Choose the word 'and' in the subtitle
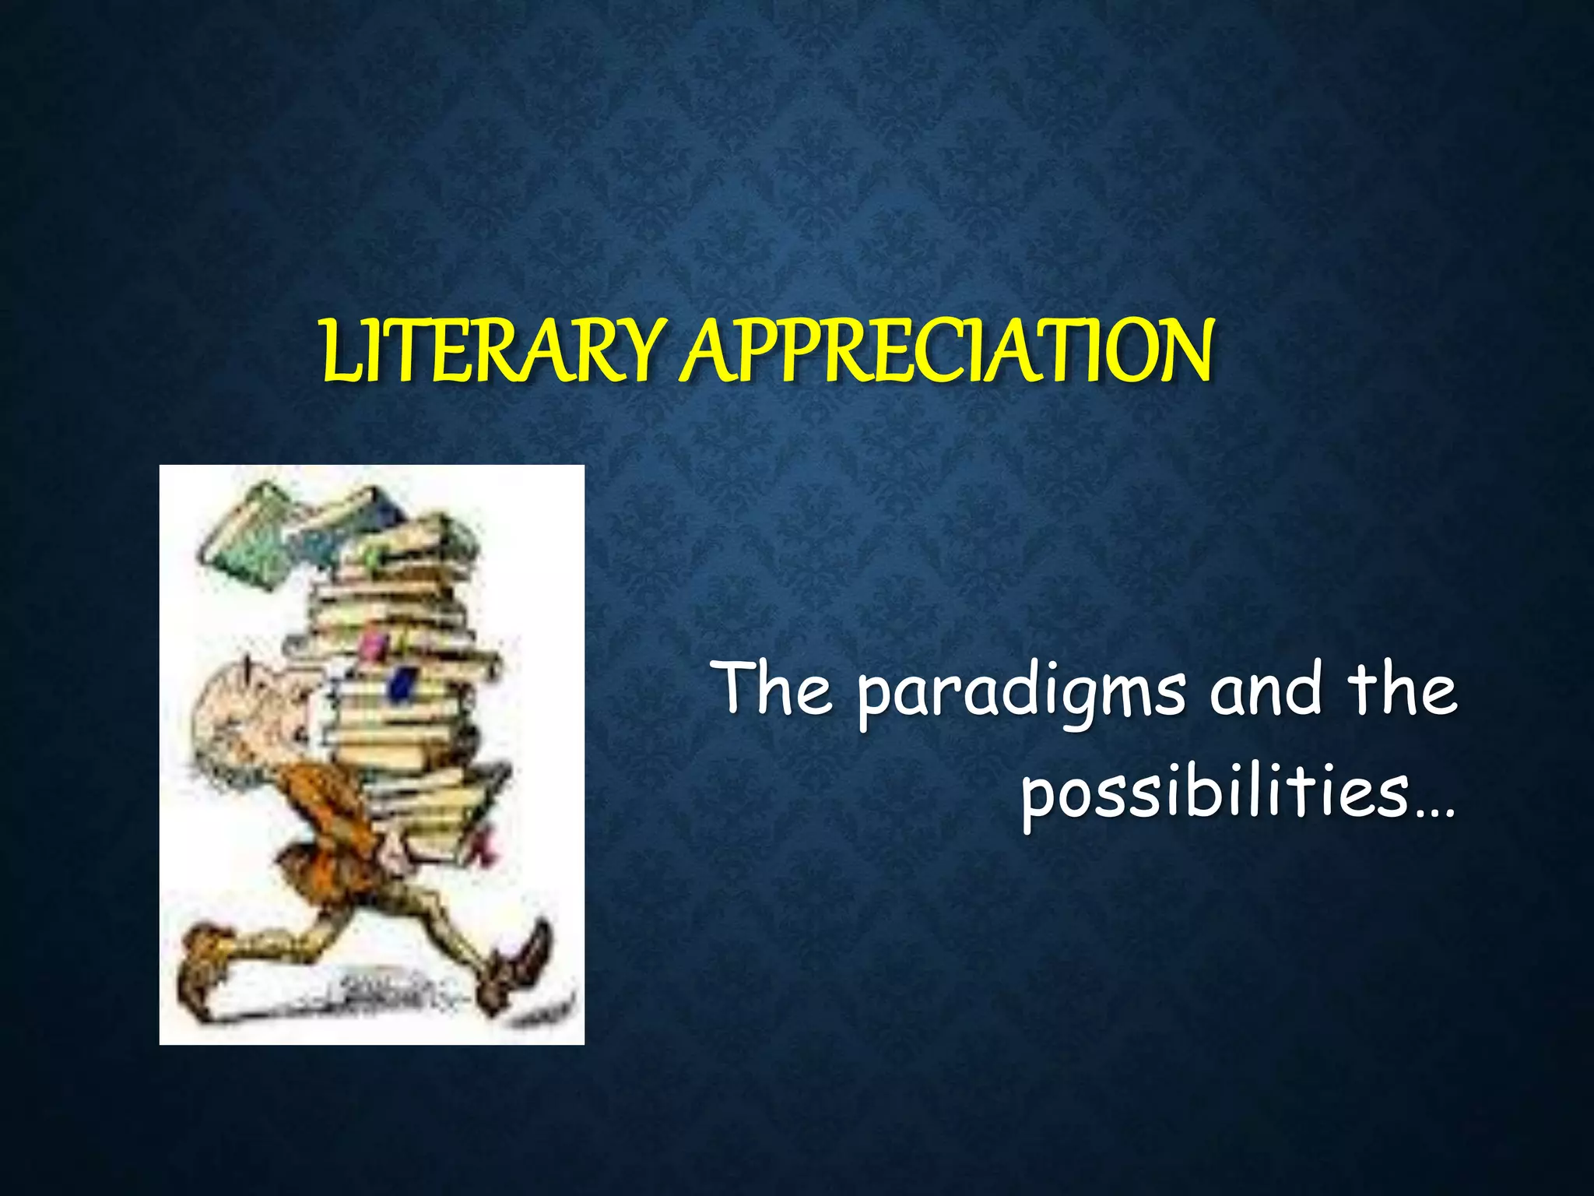(1266, 688)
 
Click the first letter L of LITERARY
(337, 354)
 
